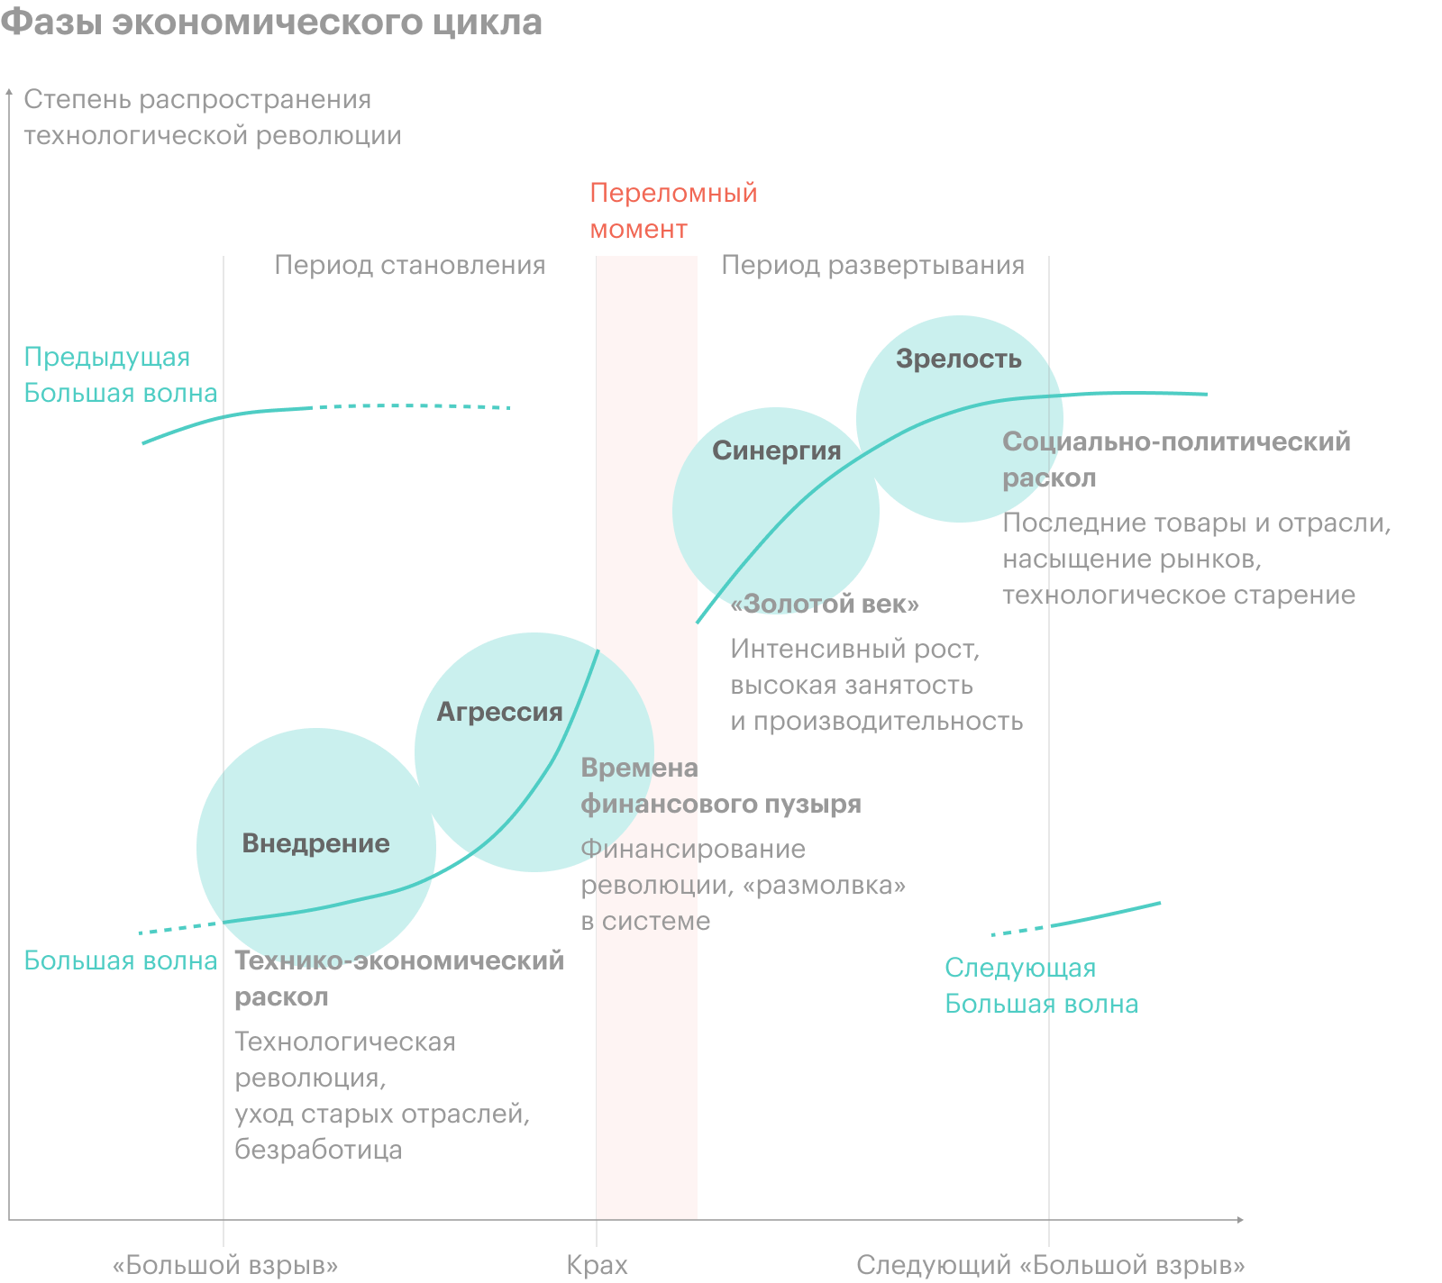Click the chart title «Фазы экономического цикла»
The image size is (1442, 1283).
click(x=271, y=23)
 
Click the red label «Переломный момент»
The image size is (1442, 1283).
click(x=672, y=211)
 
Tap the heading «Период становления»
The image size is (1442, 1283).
click(x=409, y=265)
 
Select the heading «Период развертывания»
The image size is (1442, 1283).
click(x=872, y=265)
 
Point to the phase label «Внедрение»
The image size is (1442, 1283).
click(x=315, y=843)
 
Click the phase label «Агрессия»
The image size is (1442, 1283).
click(x=499, y=712)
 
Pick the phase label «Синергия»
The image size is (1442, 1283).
click(x=776, y=450)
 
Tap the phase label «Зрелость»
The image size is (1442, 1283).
click(x=958, y=359)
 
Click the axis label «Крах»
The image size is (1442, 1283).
click(x=597, y=1265)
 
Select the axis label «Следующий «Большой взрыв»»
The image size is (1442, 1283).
click(x=1050, y=1265)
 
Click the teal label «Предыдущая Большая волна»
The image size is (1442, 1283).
click(x=120, y=375)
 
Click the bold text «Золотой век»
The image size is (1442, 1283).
click(x=825, y=604)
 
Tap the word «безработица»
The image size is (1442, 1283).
click(x=318, y=1150)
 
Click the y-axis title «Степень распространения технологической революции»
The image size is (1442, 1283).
click(x=212, y=117)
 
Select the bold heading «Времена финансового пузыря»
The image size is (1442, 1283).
click(x=720, y=786)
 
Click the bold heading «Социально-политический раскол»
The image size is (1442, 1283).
click(x=1176, y=460)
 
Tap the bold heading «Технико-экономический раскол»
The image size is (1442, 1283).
click(x=398, y=978)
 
